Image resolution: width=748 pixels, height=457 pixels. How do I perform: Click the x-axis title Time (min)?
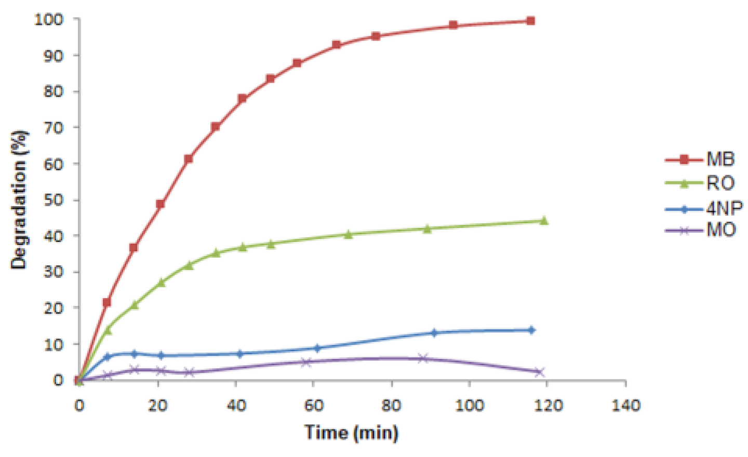click(352, 432)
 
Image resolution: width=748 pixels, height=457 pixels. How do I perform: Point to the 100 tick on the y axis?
click(49, 20)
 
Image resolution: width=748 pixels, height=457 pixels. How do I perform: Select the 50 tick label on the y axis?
click(54, 199)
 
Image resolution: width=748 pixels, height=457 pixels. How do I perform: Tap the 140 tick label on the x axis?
click(625, 405)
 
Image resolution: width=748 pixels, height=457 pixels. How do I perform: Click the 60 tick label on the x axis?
click(314, 405)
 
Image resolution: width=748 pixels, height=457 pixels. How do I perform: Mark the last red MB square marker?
click(530, 21)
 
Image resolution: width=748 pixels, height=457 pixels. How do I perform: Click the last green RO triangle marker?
click(544, 221)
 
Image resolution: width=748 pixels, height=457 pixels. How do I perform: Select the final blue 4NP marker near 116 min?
click(531, 330)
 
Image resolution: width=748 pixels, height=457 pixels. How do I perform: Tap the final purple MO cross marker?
click(539, 372)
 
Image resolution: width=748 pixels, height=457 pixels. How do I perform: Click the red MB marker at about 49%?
click(161, 204)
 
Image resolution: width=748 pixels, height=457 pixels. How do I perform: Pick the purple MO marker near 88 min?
click(423, 358)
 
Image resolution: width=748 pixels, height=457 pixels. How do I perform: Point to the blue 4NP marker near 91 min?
click(434, 333)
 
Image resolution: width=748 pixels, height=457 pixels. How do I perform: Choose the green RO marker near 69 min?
click(348, 235)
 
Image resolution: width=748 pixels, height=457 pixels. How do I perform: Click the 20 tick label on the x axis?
click(157, 405)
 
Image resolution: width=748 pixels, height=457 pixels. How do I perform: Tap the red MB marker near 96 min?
click(453, 25)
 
